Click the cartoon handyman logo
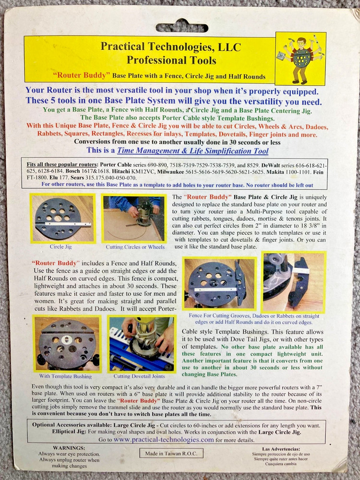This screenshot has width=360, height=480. pos(300,59)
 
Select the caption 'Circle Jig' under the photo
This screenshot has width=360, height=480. pos(61,247)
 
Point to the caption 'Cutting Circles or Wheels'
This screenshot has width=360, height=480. pos(135,247)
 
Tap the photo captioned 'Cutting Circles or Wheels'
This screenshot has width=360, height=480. pos(134,218)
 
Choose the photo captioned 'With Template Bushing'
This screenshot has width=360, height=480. pos(67,344)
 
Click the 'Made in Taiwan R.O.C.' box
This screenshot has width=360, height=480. pos(171,453)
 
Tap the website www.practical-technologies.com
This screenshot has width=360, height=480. pos(164,439)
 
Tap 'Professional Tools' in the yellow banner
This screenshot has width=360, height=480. pos(171,60)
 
